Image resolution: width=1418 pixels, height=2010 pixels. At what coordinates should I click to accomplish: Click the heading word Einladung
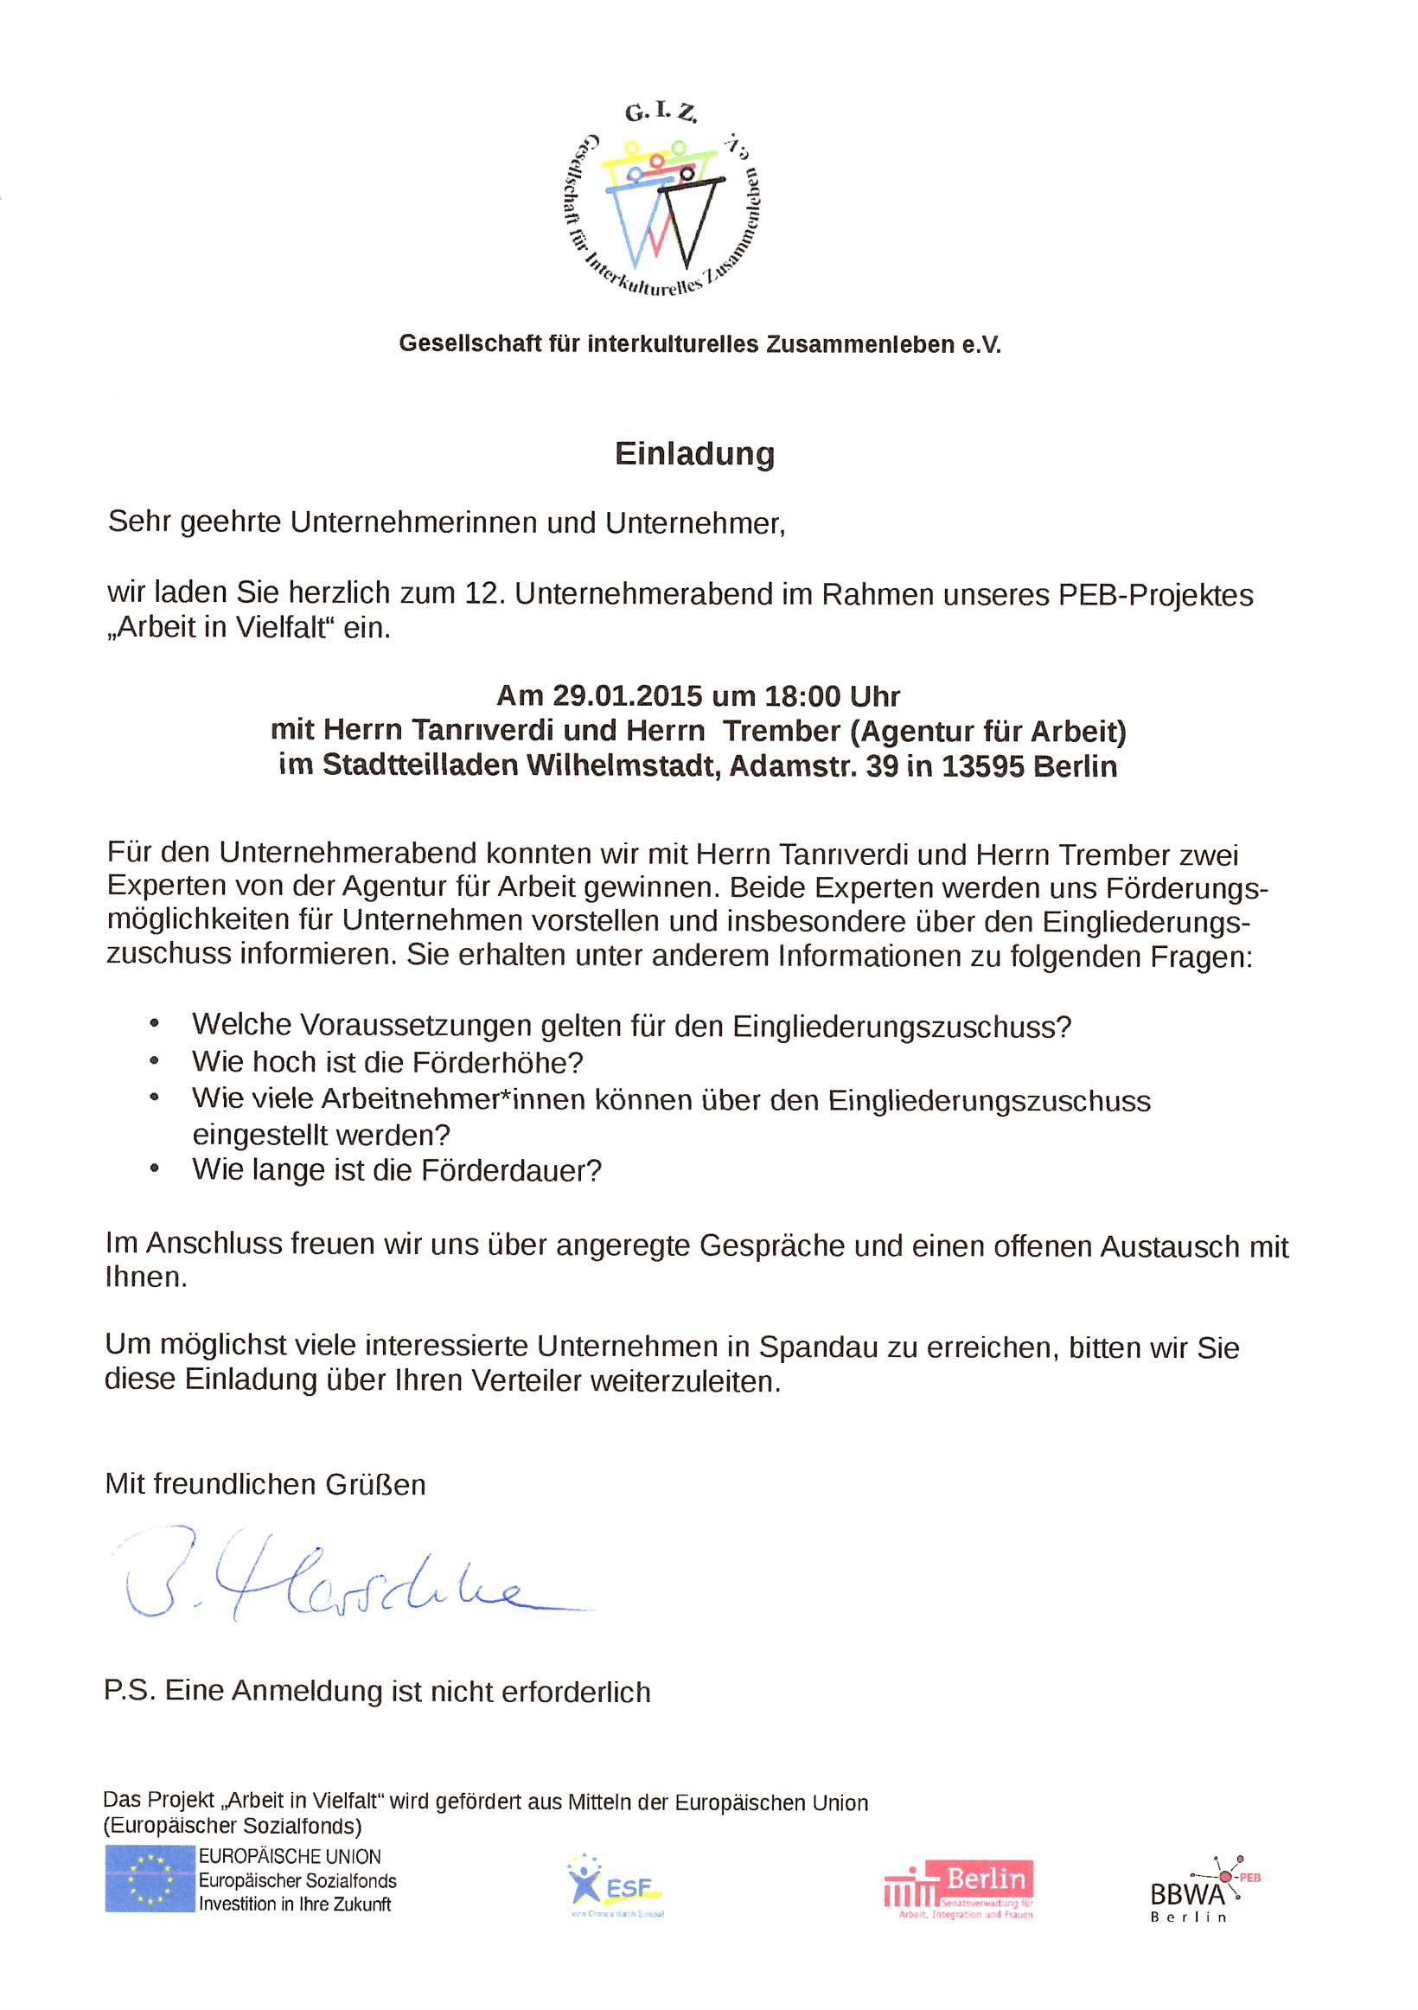click(694, 454)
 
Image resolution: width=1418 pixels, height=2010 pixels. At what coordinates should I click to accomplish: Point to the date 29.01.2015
click(627, 696)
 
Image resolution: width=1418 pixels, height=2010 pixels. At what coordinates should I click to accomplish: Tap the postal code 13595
click(983, 766)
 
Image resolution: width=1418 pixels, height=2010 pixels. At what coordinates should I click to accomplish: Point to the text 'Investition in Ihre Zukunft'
click(295, 1904)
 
